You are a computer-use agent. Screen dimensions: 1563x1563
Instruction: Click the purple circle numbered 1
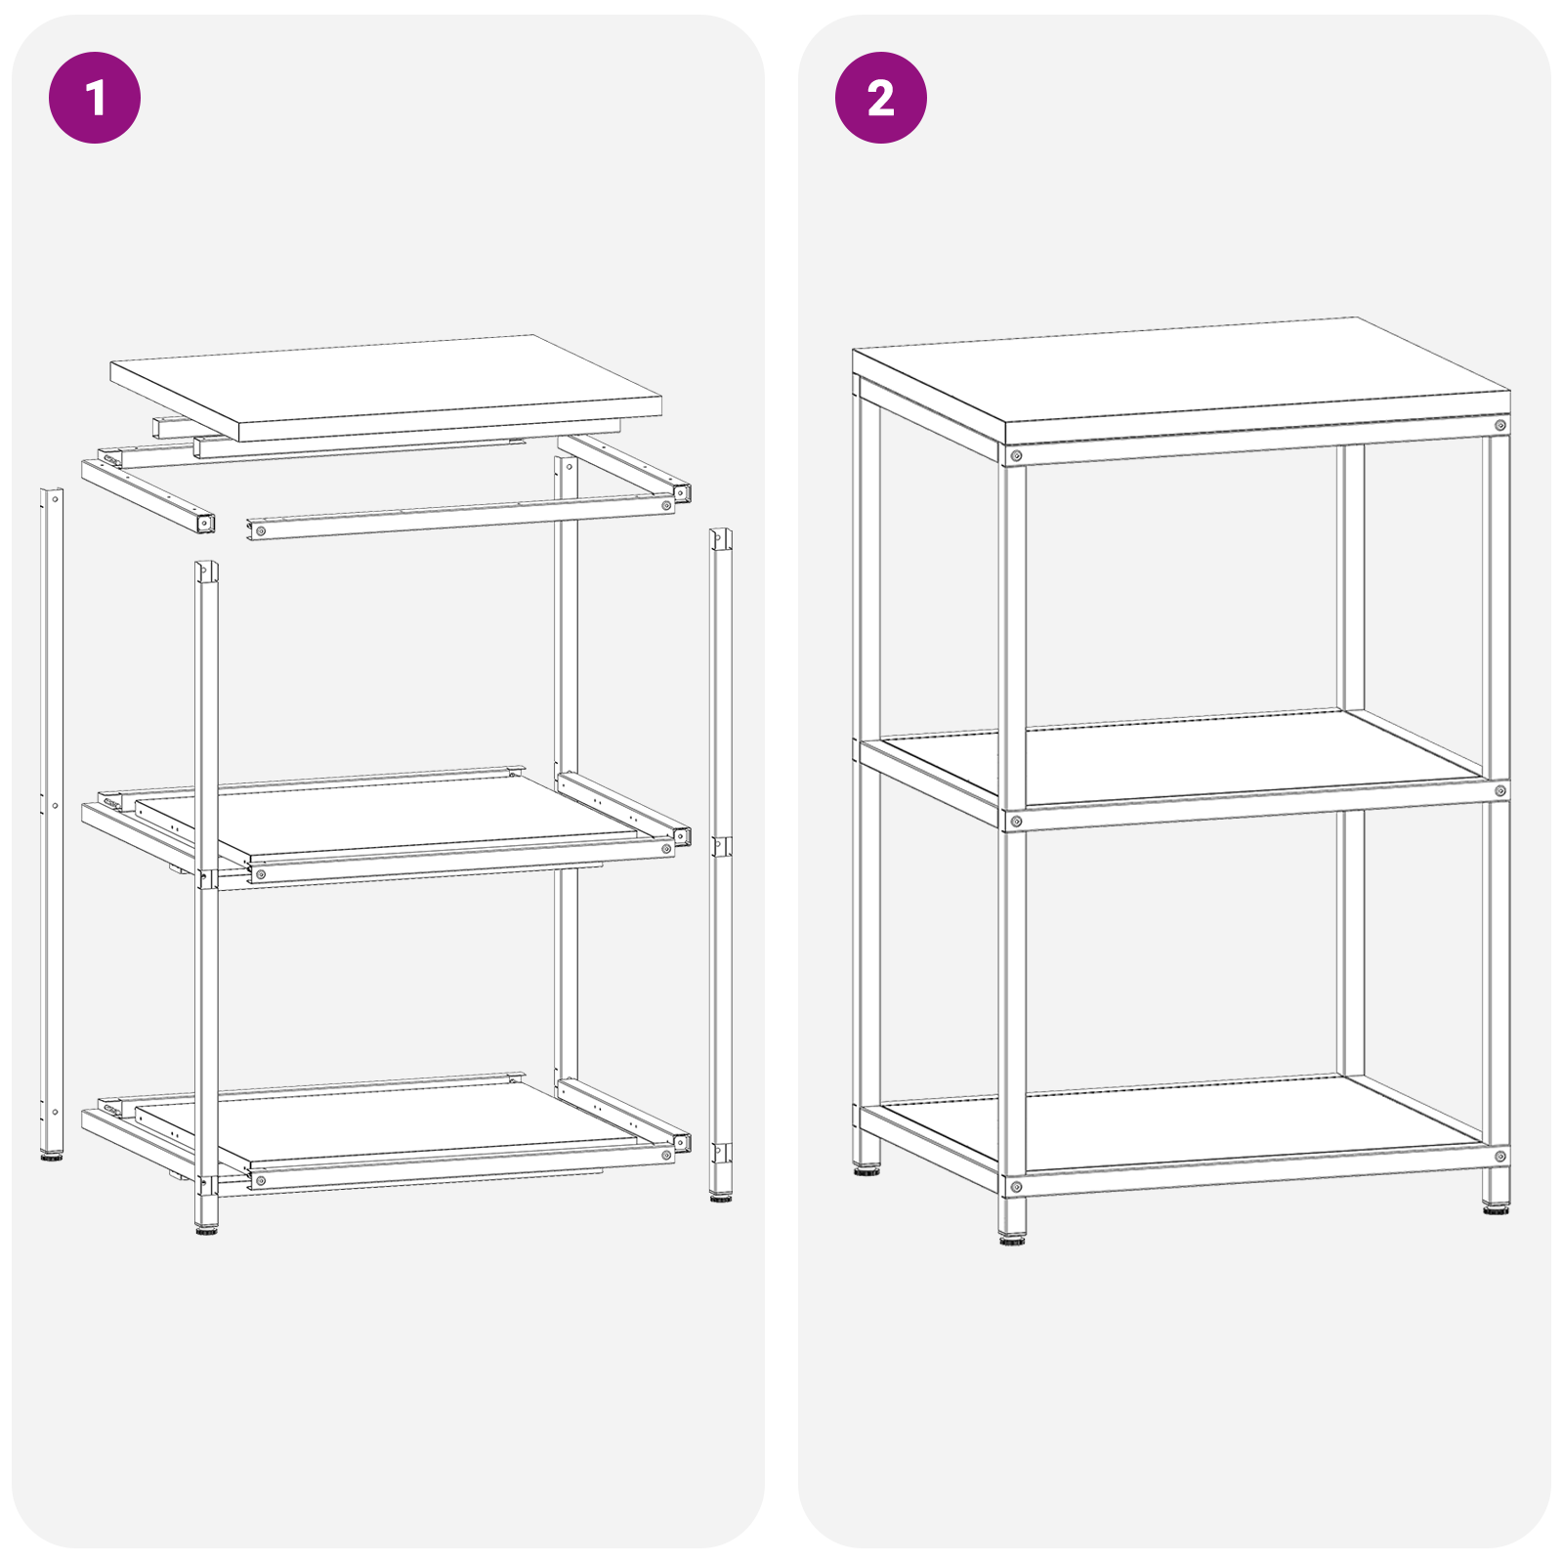95,98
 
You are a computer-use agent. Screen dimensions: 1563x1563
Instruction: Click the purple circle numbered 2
881,98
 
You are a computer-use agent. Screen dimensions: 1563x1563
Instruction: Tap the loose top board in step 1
386,387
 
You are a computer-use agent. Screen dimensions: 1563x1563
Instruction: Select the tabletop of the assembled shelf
1182,380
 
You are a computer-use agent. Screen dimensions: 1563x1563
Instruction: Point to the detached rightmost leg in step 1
721,864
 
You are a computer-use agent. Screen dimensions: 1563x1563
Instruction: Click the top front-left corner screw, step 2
1016,456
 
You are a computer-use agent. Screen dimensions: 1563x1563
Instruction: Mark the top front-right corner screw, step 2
1500,425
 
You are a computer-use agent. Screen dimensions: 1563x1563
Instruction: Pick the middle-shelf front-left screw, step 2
1016,822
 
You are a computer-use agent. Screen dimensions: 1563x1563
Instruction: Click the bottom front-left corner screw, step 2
1016,1187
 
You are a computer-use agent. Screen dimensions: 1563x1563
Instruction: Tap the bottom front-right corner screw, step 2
1500,1157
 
